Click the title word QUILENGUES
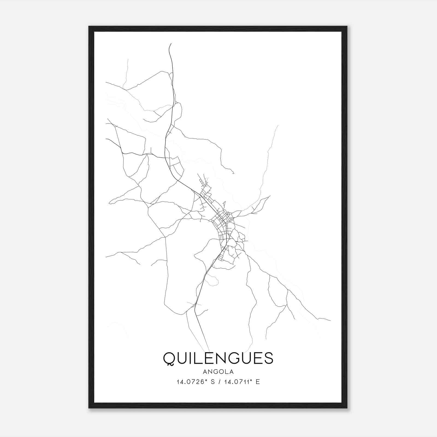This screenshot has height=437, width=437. tap(218, 358)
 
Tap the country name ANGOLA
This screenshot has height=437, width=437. tap(218, 371)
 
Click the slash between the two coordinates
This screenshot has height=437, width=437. tap(219, 382)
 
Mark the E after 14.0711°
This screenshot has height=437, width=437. tap(258, 382)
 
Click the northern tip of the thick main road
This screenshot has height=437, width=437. tap(171, 43)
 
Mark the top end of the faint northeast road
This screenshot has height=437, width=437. tap(278, 125)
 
